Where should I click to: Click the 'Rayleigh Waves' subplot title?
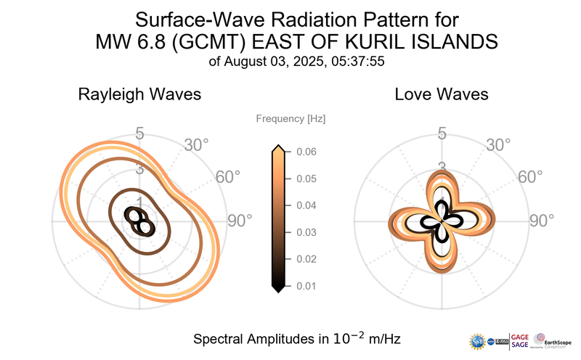point(139,94)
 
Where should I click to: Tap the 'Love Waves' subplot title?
point(441,94)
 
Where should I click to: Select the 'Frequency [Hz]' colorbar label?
point(290,118)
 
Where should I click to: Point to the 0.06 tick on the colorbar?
point(305,152)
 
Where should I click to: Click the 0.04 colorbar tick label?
point(305,205)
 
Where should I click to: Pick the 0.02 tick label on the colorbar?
point(305,259)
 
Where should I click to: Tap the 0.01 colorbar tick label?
point(305,286)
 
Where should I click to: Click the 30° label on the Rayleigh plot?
point(196,144)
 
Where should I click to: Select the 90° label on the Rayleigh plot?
point(240,220)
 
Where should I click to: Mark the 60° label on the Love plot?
point(531,177)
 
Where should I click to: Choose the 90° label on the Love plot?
point(542,220)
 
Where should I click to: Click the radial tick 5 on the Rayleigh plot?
point(139,134)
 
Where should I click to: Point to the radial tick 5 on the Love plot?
point(442,134)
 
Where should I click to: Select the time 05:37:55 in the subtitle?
point(359,62)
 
